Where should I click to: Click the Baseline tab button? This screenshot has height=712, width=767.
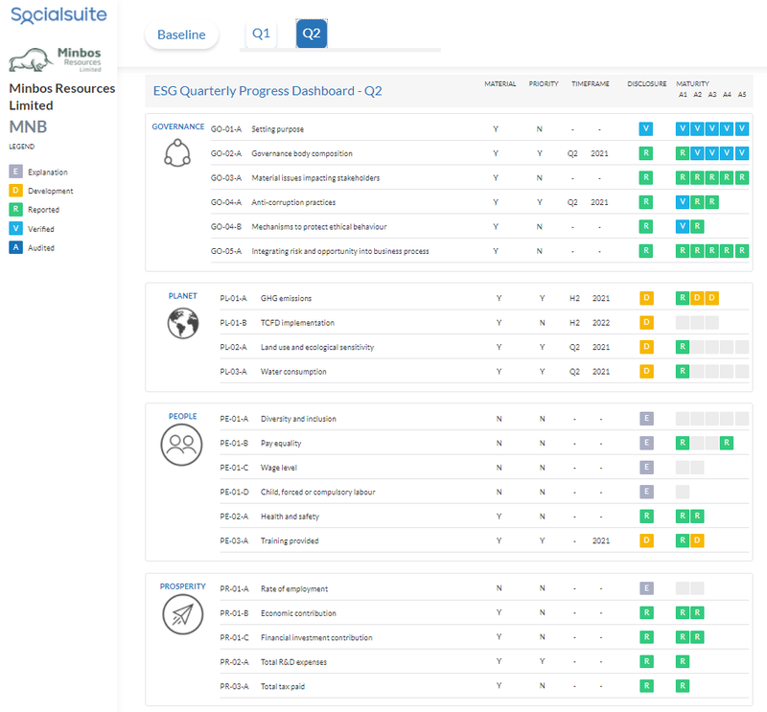181,34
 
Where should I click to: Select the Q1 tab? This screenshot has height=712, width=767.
261,34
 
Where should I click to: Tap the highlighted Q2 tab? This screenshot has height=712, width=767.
312,34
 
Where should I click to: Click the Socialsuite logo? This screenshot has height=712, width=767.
58,14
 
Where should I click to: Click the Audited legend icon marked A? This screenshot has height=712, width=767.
15,247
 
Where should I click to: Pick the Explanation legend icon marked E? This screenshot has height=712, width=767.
15,172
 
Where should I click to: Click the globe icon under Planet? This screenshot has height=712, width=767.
183,323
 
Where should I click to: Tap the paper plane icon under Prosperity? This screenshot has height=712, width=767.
182,614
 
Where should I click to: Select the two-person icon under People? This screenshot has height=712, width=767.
181,445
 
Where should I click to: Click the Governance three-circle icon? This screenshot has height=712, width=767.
177,153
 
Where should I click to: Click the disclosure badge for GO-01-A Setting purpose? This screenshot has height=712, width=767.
646,128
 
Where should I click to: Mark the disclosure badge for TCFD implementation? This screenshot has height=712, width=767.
646,322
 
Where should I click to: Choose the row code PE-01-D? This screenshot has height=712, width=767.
234,492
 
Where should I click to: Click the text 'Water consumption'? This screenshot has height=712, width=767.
293,372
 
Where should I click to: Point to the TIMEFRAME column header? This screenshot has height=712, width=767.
591,83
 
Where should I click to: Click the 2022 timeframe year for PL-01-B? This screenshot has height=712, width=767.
601,323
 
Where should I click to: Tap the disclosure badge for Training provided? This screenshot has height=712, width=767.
646,540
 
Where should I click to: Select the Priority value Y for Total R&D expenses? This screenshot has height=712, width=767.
542,661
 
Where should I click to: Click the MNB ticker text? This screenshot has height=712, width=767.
29,126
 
